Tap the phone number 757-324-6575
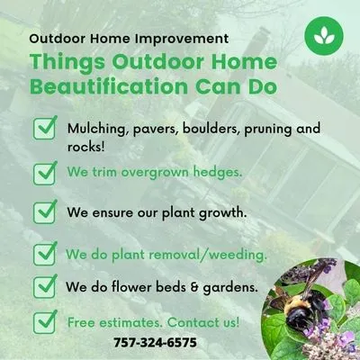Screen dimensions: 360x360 [x=156, y=343]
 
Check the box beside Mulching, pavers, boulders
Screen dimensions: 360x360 [x=44, y=129]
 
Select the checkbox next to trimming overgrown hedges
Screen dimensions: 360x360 [x=44, y=171]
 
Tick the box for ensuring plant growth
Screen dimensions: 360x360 [x=44, y=213]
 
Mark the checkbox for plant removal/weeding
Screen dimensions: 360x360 [x=44, y=254]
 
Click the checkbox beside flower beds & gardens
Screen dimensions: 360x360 [x=44, y=287]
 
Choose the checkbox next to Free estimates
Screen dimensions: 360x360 [x=44, y=321]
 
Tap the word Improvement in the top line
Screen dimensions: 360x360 [x=184, y=40]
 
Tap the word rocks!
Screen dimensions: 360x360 [x=85, y=146]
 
